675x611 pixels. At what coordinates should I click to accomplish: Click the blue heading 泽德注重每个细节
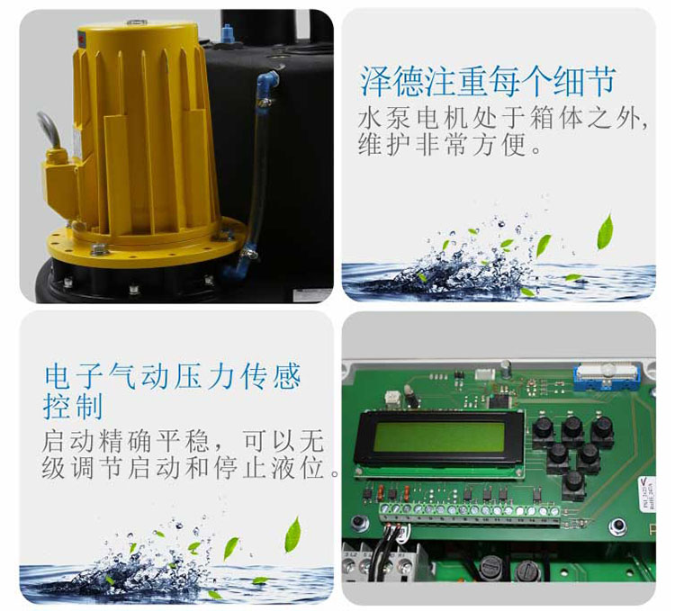[x=488, y=81]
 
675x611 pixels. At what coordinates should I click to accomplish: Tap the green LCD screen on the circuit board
[x=438, y=436]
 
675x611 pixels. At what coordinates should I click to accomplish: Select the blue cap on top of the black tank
[x=227, y=33]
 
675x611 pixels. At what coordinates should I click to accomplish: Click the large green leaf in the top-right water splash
[x=605, y=231]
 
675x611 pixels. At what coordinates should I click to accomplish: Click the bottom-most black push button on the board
[x=574, y=486]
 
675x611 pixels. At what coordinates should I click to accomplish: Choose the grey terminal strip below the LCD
[x=470, y=515]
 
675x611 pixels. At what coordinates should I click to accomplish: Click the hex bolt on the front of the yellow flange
[x=99, y=249]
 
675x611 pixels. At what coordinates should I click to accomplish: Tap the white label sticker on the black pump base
[x=312, y=295]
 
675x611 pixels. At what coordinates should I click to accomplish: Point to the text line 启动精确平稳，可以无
[x=183, y=441]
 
